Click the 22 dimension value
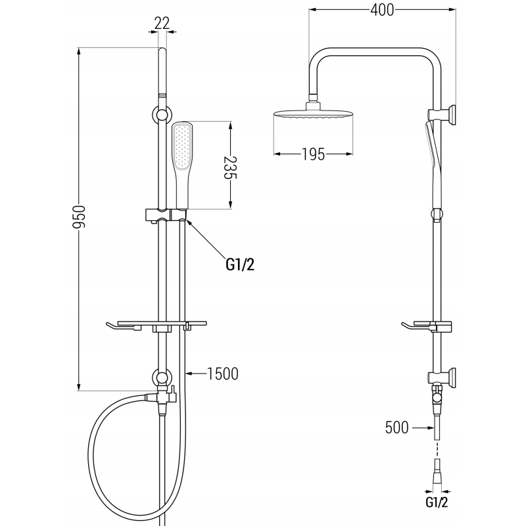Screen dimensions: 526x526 coord(162,23)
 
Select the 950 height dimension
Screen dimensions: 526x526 coord(80,218)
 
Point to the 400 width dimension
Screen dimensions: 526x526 coord(382,10)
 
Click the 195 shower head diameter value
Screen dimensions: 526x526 coord(314,155)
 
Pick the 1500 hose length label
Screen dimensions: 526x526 coord(223,373)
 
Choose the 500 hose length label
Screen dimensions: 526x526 coord(397,427)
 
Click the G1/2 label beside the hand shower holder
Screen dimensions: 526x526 coord(240,265)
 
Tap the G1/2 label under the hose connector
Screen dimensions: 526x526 coord(437,502)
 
